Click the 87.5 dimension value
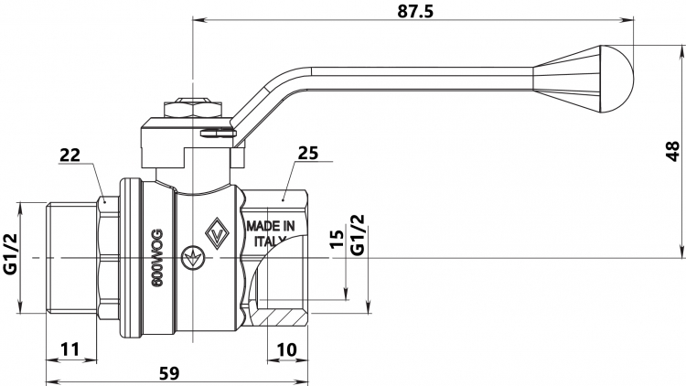coord(415,11)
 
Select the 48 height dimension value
coord(672,151)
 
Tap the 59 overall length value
coord(169,373)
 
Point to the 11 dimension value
coord(70,349)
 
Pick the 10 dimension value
coord(286,349)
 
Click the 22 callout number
coord(70,155)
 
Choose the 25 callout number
coord(308,153)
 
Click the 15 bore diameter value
coord(338,239)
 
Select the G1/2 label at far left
coord(10,254)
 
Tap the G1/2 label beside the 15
coord(358,234)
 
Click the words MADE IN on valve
coord(271,226)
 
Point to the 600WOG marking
coord(157,258)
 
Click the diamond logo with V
coord(217,233)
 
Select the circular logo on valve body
coord(192,258)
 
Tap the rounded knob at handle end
coord(617,79)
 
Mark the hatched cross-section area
coord(280,316)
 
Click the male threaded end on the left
coord(71,258)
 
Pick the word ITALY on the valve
coord(270,241)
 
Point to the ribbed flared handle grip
coord(566,79)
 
